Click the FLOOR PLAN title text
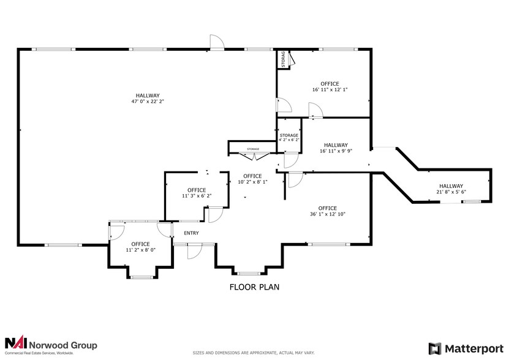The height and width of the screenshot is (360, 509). coord(254,287)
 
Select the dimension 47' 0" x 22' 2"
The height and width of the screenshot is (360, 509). coord(148,103)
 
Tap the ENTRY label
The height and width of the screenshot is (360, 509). coord(191,233)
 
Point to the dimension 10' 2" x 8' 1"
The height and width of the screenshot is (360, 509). coord(253,182)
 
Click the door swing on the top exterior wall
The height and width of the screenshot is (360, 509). coord(217,42)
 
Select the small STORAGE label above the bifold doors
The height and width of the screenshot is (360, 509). coord(253,149)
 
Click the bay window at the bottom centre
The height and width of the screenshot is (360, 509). coord(248,273)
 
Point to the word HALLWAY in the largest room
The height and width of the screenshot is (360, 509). coord(148,96)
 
